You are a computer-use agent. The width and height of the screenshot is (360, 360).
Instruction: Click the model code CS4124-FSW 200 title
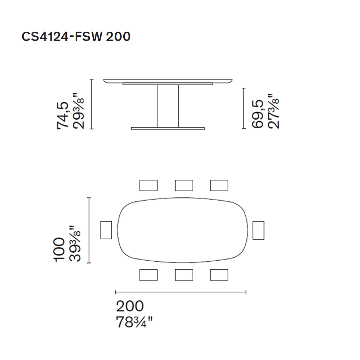coord(76,37)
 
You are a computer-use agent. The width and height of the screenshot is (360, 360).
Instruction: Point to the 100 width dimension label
coord(60,250)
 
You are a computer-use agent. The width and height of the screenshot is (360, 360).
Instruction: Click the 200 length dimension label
coord(130,306)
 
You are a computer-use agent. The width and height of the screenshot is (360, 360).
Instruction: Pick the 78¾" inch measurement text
coord(134,322)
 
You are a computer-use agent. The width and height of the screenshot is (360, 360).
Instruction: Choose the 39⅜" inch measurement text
coord(75,244)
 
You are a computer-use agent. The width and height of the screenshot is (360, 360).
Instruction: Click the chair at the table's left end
coord(106,230)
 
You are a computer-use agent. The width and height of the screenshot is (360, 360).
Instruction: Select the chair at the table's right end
coord(258,230)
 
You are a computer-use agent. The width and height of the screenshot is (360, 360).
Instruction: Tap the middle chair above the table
coord(184,185)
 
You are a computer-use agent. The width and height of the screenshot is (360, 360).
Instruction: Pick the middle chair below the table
coord(184,275)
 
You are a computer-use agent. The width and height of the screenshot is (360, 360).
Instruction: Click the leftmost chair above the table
coord(148,185)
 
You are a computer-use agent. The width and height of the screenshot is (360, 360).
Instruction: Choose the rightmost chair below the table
coord(219,275)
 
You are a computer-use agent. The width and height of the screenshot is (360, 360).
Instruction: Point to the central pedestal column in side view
coord(168,106)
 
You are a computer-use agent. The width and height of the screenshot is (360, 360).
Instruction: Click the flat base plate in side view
coord(168,128)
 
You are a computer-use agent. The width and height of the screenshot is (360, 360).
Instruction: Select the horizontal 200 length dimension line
coord(180,292)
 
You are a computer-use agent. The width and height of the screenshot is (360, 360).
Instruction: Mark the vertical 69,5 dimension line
coord(244,108)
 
